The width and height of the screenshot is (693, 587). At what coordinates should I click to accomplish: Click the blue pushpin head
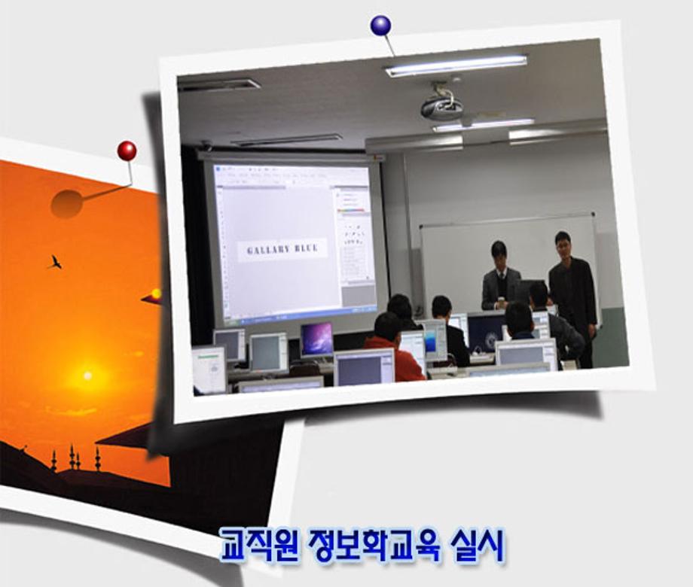coord(380,26)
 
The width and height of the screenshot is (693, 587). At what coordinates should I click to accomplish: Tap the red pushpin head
coord(127,151)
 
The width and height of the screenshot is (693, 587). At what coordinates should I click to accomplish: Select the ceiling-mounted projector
coord(441,106)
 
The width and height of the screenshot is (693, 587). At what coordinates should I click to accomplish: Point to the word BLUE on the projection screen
coord(306,248)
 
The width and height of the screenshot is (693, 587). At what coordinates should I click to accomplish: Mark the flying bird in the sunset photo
coord(54,262)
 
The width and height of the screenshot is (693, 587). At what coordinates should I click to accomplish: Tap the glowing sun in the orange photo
coord(87,375)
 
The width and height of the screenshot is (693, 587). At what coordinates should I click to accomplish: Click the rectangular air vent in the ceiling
coord(218,85)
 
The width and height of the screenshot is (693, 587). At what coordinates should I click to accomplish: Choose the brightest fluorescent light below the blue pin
coord(456,65)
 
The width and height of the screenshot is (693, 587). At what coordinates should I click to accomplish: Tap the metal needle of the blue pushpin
coord(389,46)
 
